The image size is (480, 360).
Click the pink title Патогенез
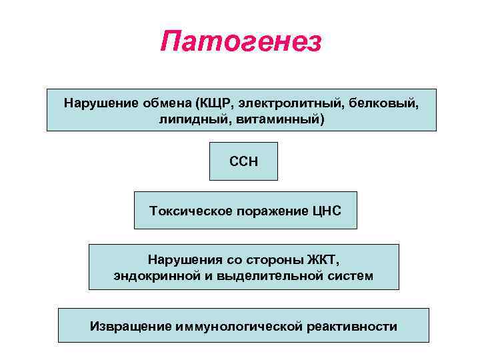click(241, 42)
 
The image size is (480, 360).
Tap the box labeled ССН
click(243, 161)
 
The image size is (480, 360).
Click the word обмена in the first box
click(166, 103)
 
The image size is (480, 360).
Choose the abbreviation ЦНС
click(326, 211)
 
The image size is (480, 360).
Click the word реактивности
click(353, 327)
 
